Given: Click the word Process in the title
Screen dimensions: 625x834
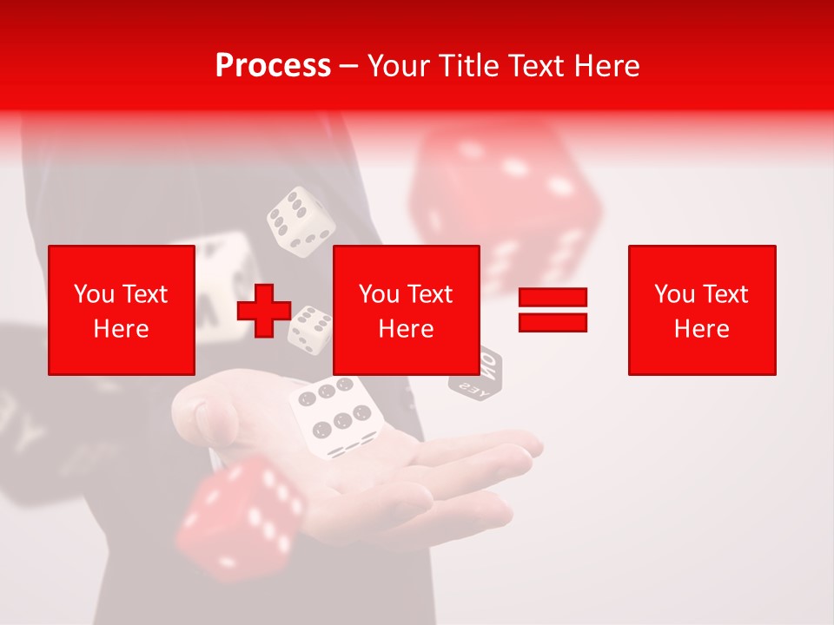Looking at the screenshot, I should (273, 66).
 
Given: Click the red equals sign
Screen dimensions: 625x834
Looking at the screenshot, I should (553, 310).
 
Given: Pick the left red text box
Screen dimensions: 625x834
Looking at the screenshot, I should (122, 310).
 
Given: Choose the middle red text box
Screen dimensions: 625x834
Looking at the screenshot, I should (406, 310).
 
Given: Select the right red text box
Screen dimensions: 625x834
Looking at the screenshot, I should (701, 310).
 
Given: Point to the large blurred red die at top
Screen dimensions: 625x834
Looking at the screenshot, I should (504, 195).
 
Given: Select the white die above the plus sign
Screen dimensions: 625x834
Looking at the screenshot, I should (301, 222).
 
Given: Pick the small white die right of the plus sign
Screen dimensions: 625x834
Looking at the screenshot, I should (311, 328).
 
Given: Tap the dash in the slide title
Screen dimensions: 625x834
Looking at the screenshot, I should (349, 66).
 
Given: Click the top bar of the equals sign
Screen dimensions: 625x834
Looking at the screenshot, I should (553, 298).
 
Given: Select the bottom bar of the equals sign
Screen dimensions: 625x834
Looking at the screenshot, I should (553, 322).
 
